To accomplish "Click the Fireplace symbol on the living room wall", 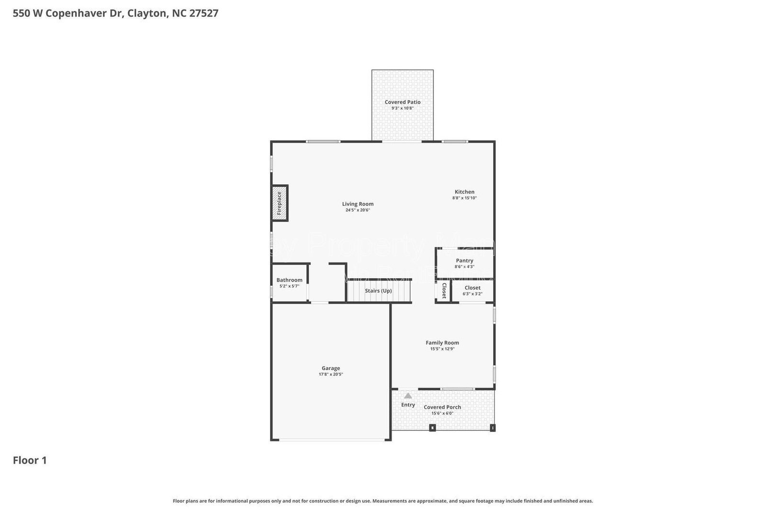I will [280, 203].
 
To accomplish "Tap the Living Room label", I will [358, 204].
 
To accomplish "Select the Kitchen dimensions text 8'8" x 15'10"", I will [464, 198].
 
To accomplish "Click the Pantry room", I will [464, 263].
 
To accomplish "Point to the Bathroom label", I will [289, 280].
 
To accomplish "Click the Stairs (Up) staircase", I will [379, 291].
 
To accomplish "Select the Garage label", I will [330, 368].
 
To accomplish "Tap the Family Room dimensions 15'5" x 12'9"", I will [442, 349].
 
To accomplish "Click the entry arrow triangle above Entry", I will [408, 396].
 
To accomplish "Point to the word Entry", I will [408, 405].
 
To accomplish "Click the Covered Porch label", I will [442, 407].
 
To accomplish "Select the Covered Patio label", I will [403, 102].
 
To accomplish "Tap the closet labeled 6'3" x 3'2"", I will [473, 291].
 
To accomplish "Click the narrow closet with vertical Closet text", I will [444, 291].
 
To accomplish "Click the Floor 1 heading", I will [30, 460].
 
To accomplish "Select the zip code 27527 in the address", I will [204, 13].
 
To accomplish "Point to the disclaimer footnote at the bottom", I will [383, 501].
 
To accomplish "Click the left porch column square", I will [432, 428].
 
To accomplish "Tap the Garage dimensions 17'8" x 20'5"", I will [330, 375].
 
